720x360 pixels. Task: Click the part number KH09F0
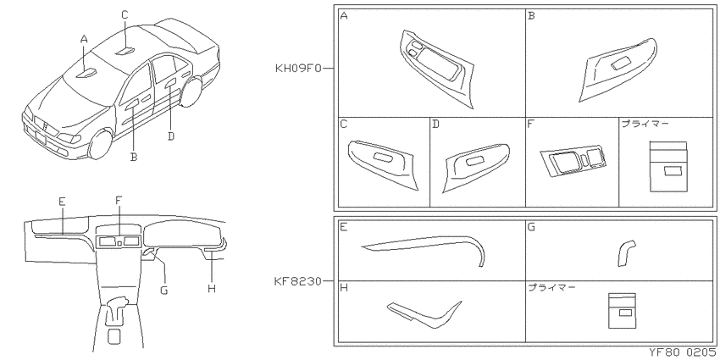(x=298, y=69)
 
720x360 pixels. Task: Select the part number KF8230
(x=298, y=281)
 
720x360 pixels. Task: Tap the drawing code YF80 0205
(x=684, y=352)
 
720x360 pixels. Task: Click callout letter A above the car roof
(x=84, y=40)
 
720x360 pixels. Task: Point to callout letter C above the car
(x=125, y=15)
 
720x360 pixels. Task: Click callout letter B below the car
(x=134, y=157)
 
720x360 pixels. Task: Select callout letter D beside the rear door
(x=171, y=136)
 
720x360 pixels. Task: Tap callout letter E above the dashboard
(x=62, y=201)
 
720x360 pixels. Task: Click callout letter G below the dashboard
(x=164, y=291)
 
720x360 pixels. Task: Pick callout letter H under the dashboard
(x=211, y=289)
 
